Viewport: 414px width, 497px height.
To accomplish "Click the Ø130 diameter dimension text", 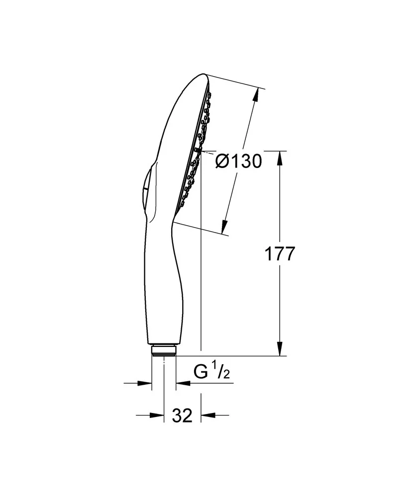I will click(239, 161).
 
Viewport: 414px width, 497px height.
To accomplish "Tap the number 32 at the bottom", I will click(182, 415).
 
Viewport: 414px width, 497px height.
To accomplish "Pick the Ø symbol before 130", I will click(222, 161).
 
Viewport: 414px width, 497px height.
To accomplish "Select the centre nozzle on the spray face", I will click(199, 149).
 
